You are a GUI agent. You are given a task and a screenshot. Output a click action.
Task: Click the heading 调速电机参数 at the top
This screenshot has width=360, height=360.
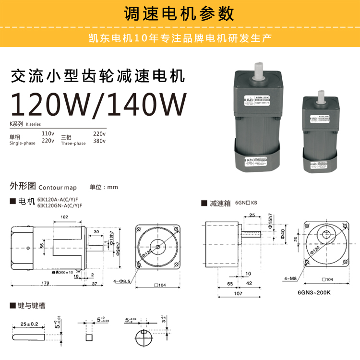pyautogui.click(x=180, y=12)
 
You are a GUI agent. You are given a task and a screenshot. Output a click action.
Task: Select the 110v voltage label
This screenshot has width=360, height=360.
pyautogui.click(x=48, y=133)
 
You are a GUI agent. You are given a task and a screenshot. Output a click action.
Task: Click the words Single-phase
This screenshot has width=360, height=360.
pyautogui.click(x=22, y=143)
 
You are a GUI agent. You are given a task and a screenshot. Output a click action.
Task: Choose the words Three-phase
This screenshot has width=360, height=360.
pyautogui.click(x=73, y=143)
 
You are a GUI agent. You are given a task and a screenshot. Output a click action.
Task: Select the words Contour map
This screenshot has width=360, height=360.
pyautogui.click(x=57, y=187)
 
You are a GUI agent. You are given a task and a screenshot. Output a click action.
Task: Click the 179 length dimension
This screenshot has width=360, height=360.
pyautogui.click(x=45, y=284)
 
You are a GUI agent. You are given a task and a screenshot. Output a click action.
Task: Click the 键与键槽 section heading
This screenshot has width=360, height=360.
pyautogui.click(x=31, y=305)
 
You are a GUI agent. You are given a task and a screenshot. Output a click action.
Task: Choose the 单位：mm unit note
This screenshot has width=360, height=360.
pyautogui.click(x=103, y=187)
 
